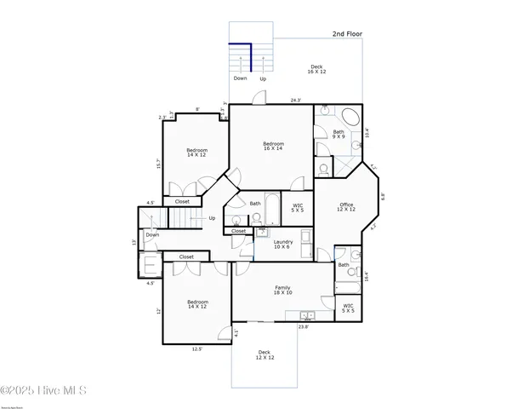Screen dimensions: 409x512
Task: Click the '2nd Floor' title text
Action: (x=348, y=34)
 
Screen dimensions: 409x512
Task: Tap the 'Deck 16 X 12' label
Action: (x=316, y=69)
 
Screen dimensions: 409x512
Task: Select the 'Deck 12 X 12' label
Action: (x=265, y=354)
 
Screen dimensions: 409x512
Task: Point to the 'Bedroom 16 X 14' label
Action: (x=273, y=146)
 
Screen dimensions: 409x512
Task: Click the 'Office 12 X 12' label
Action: (x=346, y=206)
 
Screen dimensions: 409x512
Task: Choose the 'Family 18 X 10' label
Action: (x=282, y=291)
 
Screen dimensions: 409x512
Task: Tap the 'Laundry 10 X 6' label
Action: (x=283, y=244)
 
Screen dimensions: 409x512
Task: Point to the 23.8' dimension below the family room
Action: (x=303, y=326)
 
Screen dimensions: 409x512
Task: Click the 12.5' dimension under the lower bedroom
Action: (x=197, y=348)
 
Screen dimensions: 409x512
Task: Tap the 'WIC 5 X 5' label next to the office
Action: (x=298, y=207)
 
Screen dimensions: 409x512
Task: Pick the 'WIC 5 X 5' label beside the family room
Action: (x=349, y=308)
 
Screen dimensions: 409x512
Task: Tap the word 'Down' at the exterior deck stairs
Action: (x=241, y=78)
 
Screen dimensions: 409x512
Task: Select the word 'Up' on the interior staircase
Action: (x=212, y=218)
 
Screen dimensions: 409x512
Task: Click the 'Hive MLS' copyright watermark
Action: (x=44, y=391)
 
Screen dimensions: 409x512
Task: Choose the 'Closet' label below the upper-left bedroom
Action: (x=182, y=202)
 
